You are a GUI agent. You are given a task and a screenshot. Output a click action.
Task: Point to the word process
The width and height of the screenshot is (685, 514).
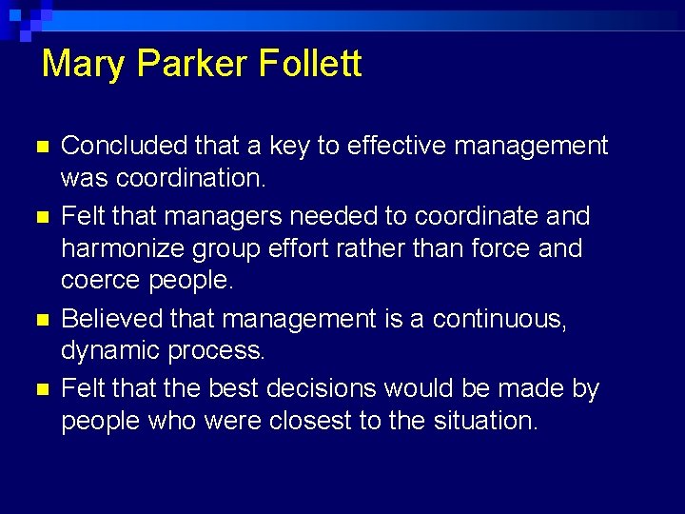coord(217,351)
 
